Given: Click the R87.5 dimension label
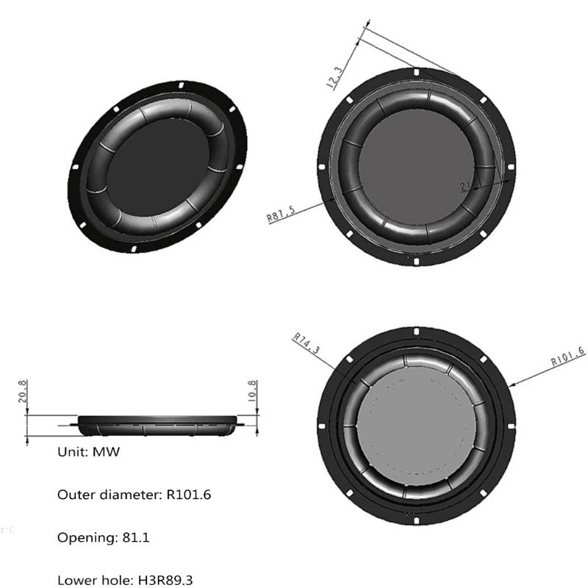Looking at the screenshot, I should coord(281,214).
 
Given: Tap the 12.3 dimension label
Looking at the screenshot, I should coord(334,76).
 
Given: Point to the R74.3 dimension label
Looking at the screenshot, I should coord(306,343).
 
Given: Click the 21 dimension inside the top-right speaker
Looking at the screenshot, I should coord(465,187).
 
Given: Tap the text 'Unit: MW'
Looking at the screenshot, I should coord(88,452).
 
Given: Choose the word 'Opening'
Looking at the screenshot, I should coord(83,537).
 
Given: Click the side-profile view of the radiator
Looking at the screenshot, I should coord(158,424).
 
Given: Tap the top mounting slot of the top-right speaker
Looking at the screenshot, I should coord(417,73).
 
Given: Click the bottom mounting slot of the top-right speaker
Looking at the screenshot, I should coord(417,261).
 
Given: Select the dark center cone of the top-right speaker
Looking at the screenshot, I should coord(417,167).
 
